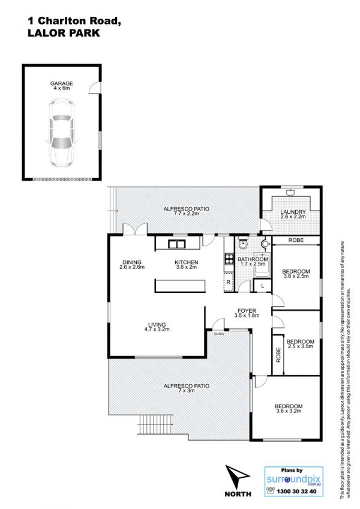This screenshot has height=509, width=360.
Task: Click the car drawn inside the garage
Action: click(x=62, y=133)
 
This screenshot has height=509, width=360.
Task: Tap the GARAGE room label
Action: click(x=62, y=84)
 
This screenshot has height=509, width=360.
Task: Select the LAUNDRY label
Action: click(x=293, y=212)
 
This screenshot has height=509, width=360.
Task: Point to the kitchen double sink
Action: click(x=176, y=244)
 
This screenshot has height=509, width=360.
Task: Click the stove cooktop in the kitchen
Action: click(x=229, y=259)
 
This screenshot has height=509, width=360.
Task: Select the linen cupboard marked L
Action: click(x=263, y=286)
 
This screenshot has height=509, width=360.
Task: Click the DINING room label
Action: click(x=132, y=262)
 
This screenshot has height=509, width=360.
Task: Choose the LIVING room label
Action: click(x=157, y=324)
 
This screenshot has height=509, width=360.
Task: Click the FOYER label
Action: click(x=247, y=311)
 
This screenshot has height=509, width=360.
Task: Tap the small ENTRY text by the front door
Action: click(x=219, y=334)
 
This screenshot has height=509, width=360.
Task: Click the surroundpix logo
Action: click(x=294, y=480)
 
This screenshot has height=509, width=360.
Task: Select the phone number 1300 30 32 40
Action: click(x=296, y=492)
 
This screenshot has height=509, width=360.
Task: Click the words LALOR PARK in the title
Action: click(x=64, y=33)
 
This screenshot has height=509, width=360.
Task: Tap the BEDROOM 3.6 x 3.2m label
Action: click(x=289, y=408)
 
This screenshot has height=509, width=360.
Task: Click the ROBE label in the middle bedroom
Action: click(x=278, y=355)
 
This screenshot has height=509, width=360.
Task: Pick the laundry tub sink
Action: click(x=291, y=193)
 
